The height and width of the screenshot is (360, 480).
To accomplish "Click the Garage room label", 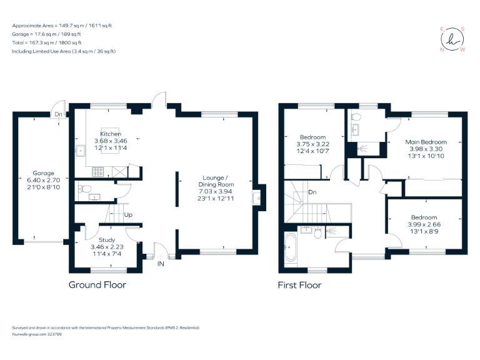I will (44, 173).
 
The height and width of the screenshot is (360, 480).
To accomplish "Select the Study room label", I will (107, 239).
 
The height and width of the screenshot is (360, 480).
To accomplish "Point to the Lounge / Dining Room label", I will (216, 181).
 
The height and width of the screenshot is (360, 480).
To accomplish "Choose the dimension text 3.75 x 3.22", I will (312, 144).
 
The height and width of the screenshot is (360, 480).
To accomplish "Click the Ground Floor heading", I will (97, 285).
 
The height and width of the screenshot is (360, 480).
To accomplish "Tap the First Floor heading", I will (299, 285).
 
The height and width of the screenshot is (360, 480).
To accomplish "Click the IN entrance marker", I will (160, 264).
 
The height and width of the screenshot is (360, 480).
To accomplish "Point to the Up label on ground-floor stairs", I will (128, 215).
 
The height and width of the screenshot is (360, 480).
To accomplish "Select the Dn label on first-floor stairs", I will (312, 192).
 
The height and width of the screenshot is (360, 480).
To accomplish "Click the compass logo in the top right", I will (453, 39).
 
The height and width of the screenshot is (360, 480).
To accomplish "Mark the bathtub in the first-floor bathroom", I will (291, 248).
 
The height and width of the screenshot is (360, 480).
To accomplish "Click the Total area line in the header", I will (54, 43).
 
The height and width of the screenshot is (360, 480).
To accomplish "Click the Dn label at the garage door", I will (57, 115).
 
